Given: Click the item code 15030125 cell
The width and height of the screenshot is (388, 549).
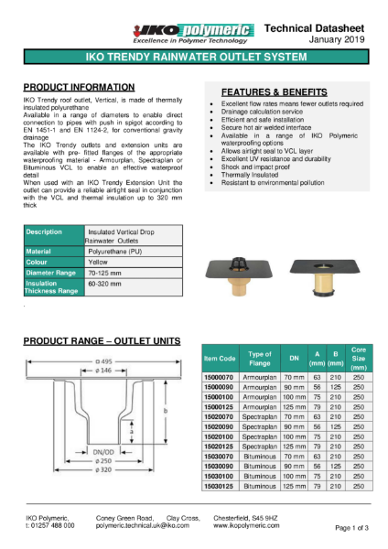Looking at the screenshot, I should coord(220,486).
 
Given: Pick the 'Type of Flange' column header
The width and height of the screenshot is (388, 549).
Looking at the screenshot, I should coord(261,360).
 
